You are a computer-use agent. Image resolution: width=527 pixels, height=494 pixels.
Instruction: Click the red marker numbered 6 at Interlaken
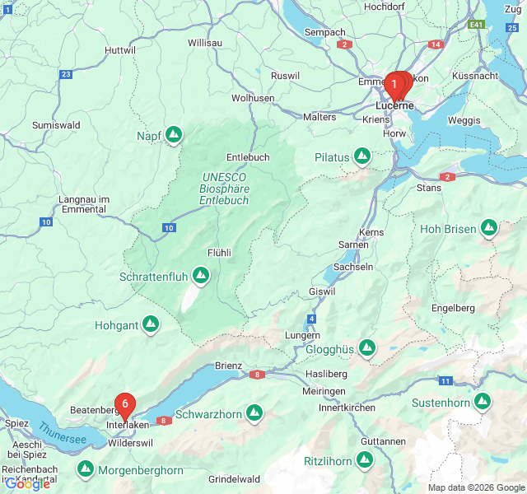tap(124, 404)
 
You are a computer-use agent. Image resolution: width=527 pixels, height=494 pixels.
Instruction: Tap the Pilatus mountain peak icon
tap(362, 156)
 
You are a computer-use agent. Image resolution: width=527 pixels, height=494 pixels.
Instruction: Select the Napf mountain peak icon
tap(173, 134)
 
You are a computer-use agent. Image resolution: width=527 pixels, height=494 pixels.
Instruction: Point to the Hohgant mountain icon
tap(151, 325)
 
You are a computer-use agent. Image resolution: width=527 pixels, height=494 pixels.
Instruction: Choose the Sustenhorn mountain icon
tap(482, 402)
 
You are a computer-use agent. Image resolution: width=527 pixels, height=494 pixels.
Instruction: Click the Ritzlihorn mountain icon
tap(364, 460)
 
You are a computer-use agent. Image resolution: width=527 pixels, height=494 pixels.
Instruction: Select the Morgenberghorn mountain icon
tap(85, 470)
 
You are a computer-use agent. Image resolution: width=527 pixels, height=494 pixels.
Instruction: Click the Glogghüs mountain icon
tap(366, 349)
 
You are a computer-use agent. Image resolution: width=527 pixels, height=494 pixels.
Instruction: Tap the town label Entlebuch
tap(248, 157)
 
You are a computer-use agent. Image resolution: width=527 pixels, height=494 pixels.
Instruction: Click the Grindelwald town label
tap(234, 479)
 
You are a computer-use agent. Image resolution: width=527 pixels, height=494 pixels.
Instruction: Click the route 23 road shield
tap(66, 74)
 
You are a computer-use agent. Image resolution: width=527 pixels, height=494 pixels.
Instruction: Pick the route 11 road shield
tap(445, 380)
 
